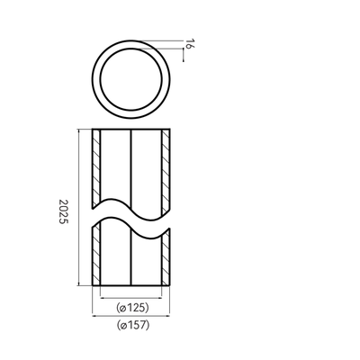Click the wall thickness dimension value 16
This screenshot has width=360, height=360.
click(x=188, y=44)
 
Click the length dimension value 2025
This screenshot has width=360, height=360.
click(x=64, y=211)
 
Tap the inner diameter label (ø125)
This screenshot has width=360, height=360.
click(x=132, y=307)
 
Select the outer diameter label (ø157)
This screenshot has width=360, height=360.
click(x=133, y=325)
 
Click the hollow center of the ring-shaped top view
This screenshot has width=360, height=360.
click(x=131, y=79)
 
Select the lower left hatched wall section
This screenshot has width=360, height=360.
click(x=96, y=255)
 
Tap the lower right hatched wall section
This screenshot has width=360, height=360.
click(x=166, y=258)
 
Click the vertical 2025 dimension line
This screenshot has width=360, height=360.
click(x=78, y=207)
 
